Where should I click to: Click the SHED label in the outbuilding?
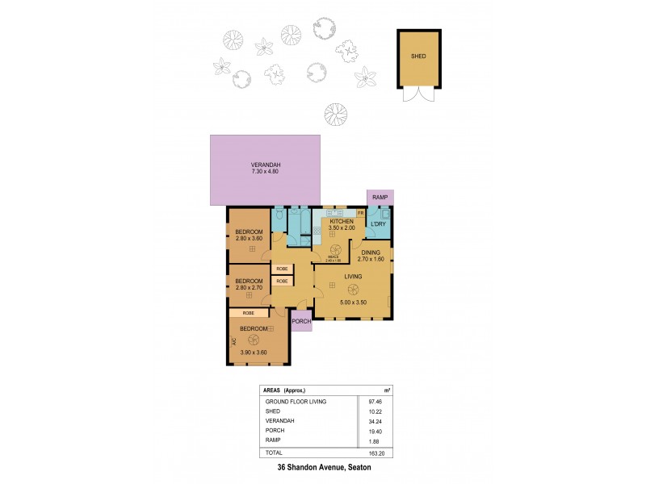418,57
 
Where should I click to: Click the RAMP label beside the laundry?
380,198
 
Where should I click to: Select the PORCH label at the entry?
301,320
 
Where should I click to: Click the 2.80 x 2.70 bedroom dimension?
250,288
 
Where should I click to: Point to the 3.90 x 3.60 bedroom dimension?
254,353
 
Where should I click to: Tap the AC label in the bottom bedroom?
234,342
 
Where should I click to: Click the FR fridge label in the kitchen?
361,211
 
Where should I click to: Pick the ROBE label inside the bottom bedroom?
249,312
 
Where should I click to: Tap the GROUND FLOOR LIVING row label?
295,401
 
